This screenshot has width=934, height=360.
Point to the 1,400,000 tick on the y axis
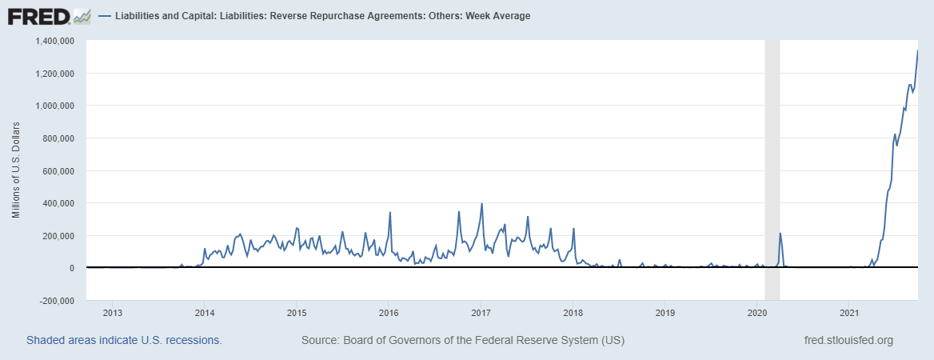pos(55,41)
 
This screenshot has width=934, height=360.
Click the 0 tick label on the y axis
pos(71,268)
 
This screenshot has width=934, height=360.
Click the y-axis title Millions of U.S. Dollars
pos(16,170)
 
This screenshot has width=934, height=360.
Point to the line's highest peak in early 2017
pos(481,204)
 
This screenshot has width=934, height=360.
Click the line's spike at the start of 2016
pos(389,213)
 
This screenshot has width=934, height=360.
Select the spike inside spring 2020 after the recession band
pos(780,234)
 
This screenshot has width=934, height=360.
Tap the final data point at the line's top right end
pos(917,51)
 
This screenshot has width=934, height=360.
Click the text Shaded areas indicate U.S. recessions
pos(124,340)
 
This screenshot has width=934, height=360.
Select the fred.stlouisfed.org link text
pos(848,340)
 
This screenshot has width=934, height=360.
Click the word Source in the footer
pos(319,340)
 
